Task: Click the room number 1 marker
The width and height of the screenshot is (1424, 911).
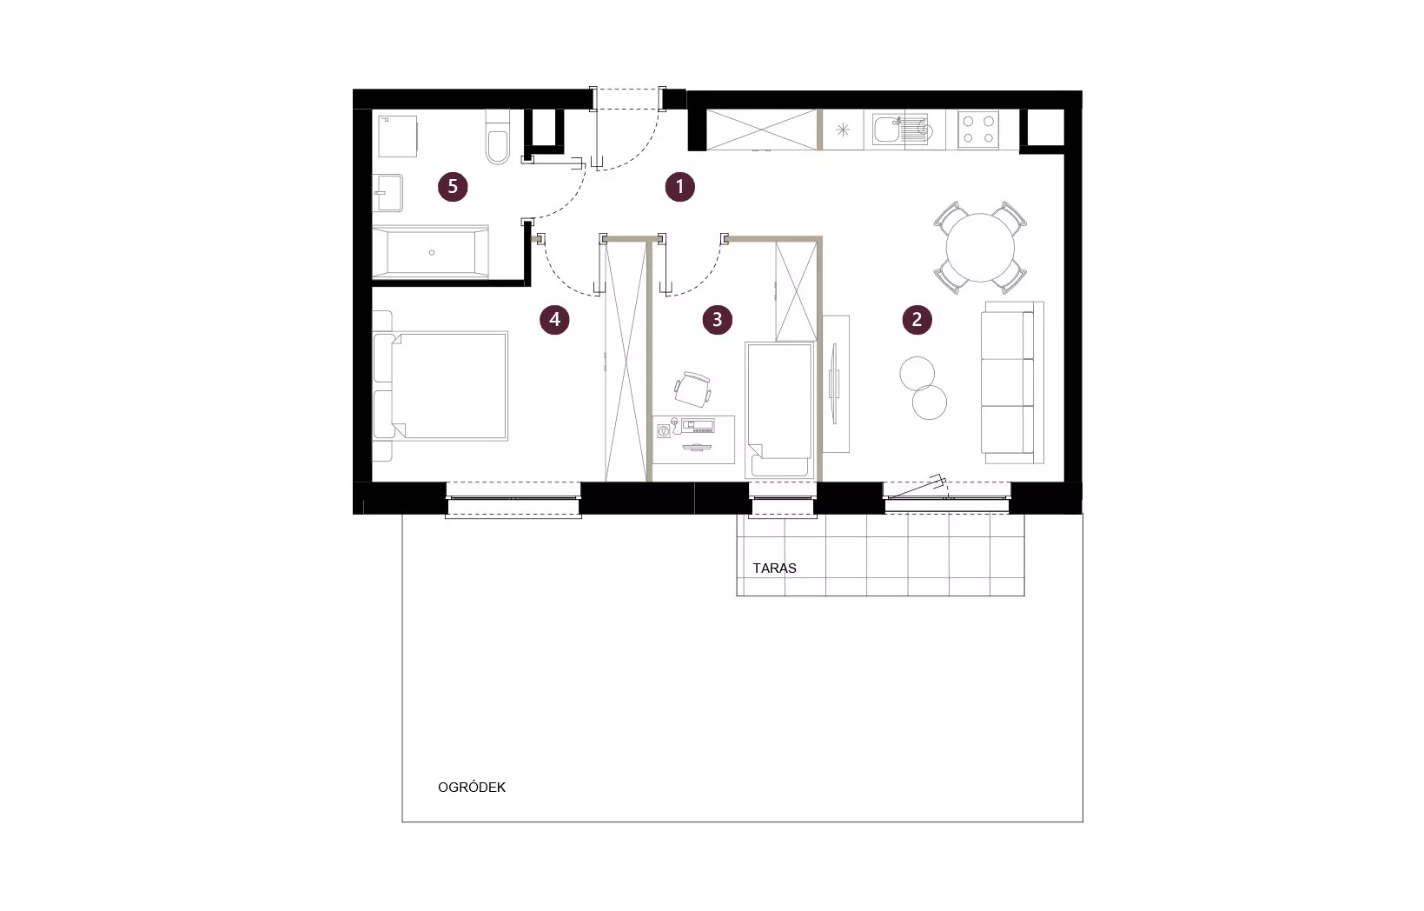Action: (x=679, y=186)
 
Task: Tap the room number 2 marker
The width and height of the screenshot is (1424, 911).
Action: (x=917, y=319)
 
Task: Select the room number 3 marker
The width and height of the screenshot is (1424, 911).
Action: (x=717, y=319)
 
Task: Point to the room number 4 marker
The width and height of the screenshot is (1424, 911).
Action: (x=554, y=319)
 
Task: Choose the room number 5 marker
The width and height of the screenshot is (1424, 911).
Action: (x=453, y=186)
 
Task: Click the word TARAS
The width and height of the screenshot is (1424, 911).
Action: (x=774, y=569)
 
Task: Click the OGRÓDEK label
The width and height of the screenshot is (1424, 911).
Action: (x=472, y=787)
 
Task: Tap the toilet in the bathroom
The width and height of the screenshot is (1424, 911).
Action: (x=498, y=136)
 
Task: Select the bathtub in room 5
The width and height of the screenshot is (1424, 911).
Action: (x=430, y=252)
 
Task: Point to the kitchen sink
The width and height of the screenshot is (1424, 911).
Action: (x=899, y=130)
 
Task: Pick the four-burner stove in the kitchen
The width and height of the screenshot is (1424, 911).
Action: (x=978, y=130)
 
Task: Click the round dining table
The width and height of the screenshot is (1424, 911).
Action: (x=980, y=248)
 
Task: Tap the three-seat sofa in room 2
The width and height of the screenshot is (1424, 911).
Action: (x=1012, y=382)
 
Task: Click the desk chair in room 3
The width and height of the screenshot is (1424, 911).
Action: (x=692, y=389)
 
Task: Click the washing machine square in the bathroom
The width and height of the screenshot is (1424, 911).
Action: (x=398, y=136)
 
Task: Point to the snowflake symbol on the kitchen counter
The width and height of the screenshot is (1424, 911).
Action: (x=843, y=130)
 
